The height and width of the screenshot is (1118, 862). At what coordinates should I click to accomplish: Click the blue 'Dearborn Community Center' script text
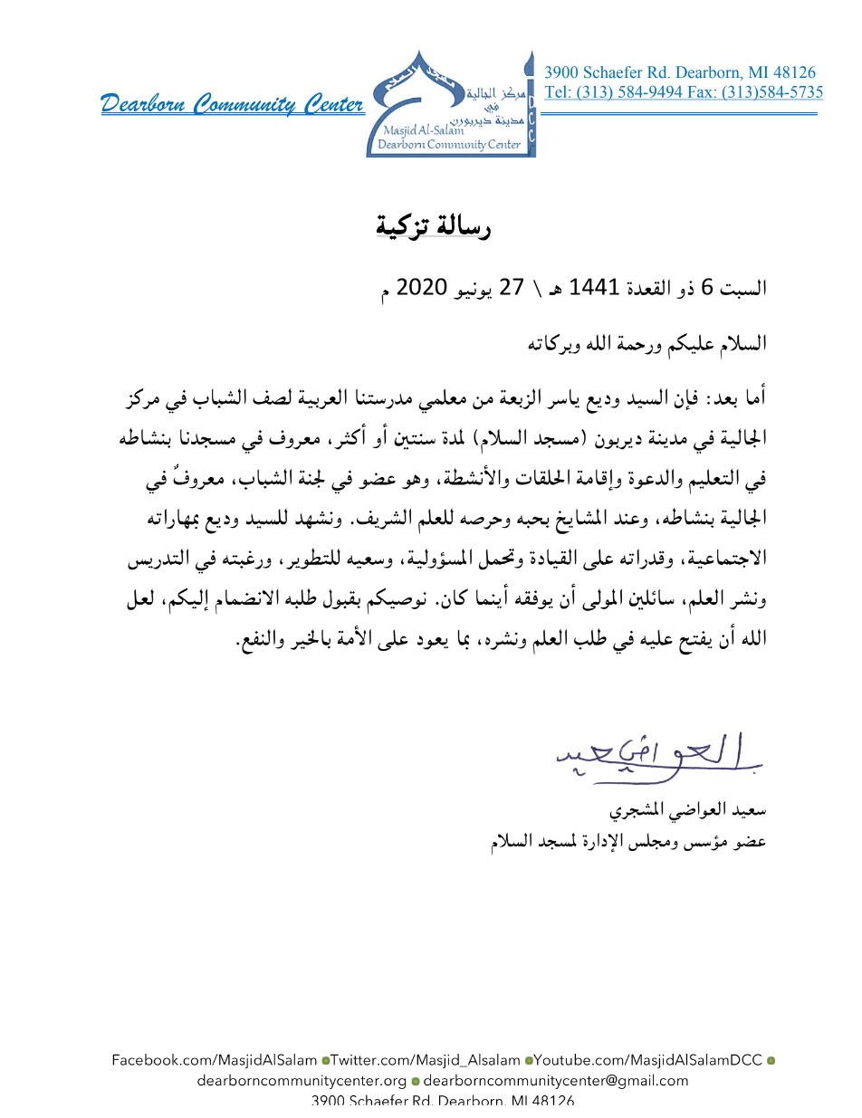click(x=233, y=105)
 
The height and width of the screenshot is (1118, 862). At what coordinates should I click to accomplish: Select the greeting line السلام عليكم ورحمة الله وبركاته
click(x=647, y=343)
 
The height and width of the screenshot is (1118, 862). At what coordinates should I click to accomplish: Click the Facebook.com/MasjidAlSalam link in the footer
click(x=215, y=1059)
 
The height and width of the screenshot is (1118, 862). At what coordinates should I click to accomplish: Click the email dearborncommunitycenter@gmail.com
click(x=555, y=1080)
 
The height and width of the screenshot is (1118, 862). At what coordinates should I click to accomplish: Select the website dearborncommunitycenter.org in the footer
click(x=302, y=1080)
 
